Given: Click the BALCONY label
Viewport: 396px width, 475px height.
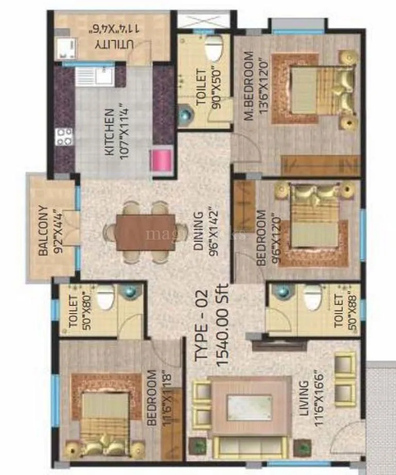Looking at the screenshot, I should click(43, 231).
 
